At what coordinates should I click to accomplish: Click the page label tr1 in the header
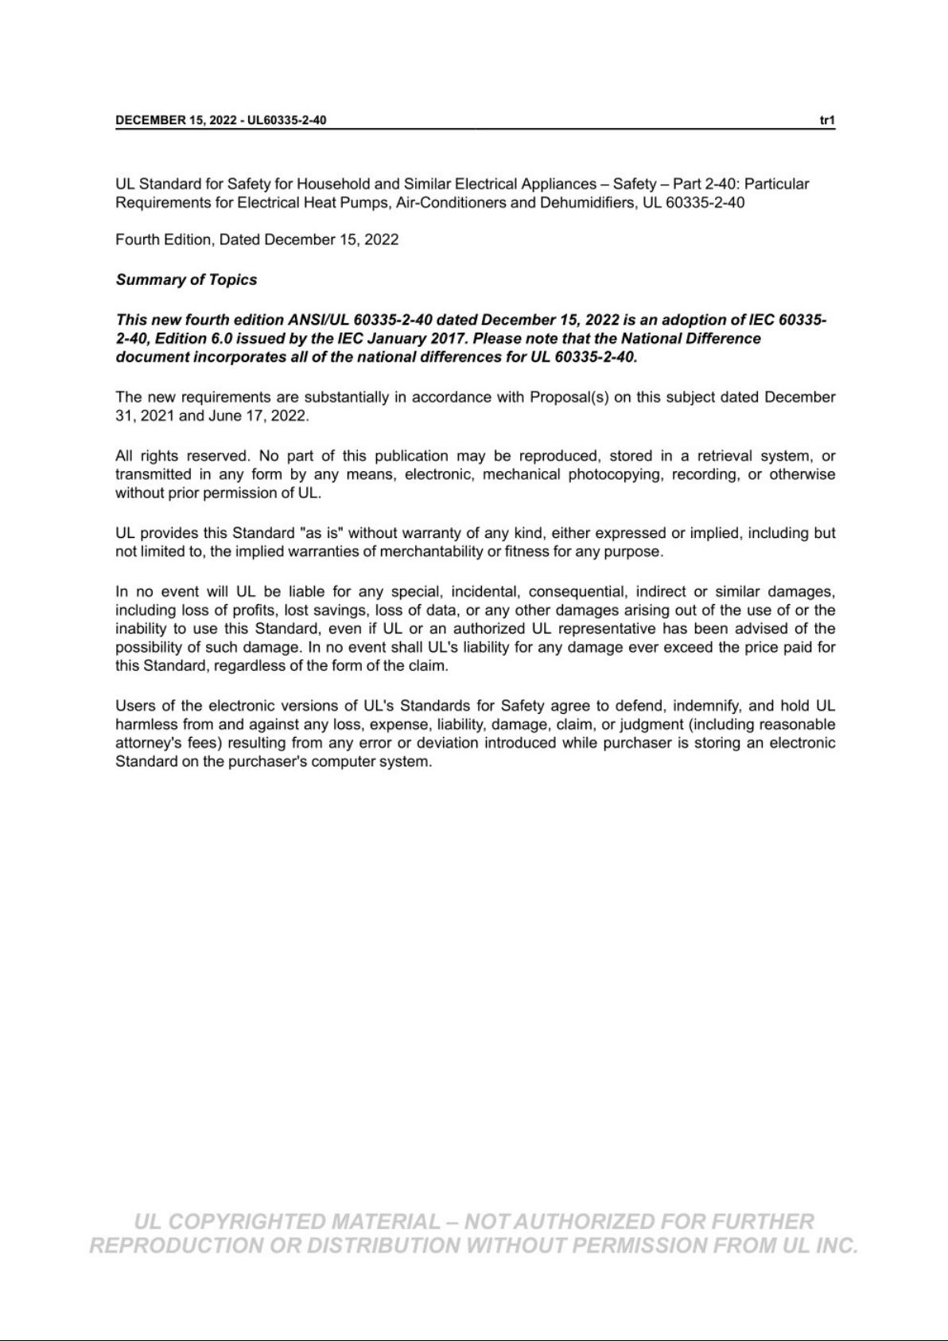coord(827,120)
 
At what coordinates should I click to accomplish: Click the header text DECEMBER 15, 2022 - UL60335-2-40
coord(220,120)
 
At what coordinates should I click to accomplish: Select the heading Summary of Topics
coord(186,279)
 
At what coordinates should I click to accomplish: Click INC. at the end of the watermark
coord(837,1245)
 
